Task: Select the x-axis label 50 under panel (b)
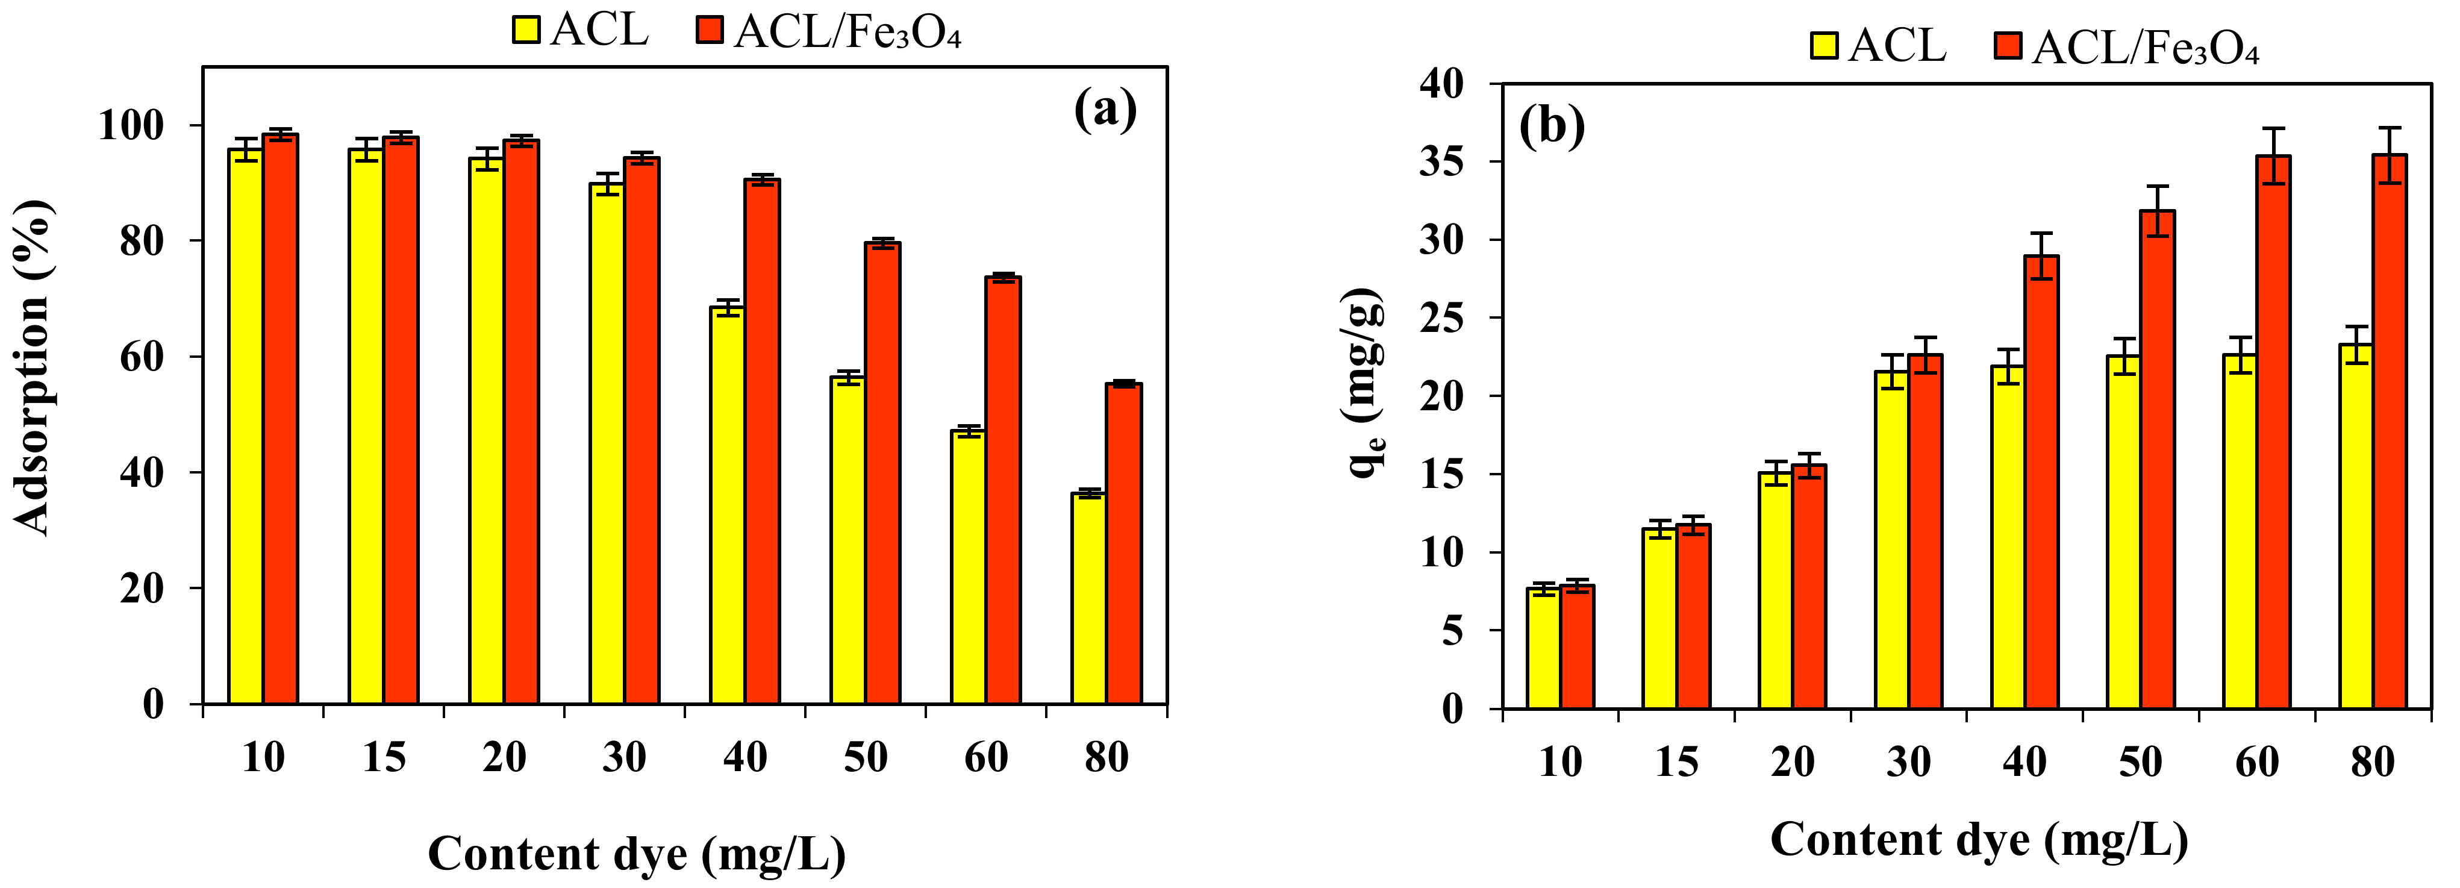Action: [x=2140, y=762]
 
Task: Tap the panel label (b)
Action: [x=1552, y=126]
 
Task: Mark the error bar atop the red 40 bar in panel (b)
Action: [x=2042, y=255]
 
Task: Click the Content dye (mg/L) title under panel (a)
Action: [x=636, y=852]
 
